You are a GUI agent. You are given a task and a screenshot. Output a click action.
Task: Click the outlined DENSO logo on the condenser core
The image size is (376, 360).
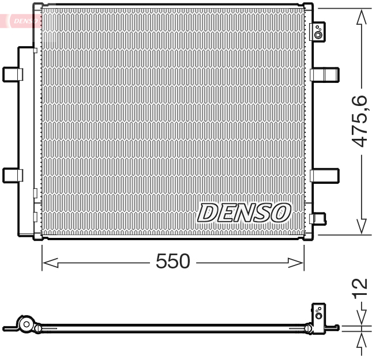pyautogui.click(x=243, y=213)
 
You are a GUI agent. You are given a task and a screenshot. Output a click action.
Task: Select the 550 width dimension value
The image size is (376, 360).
pyautogui.click(x=172, y=262)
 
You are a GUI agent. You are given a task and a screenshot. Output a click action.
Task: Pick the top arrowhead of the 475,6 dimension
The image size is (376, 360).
pyautogui.click(x=362, y=17)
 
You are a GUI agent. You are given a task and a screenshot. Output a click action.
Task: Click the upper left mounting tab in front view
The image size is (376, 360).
pyautogui.click(x=12, y=74)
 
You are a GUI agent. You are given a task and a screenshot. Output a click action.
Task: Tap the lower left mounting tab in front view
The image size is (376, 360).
pyautogui.click(x=12, y=175)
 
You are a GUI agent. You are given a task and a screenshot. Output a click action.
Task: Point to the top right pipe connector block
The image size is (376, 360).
pyautogui.click(x=318, y=32)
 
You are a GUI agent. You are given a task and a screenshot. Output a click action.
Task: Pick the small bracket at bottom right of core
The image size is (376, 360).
pyautogui.click(x=318, y=218)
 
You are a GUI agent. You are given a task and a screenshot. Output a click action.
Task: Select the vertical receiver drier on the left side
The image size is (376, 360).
pyautogui.click(x=27, y=141)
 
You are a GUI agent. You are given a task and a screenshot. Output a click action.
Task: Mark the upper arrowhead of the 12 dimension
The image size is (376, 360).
pyautogui.click(x=362, y=317)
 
